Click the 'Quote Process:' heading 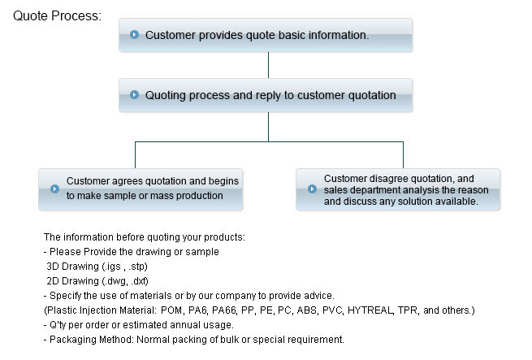(x=57, y=15)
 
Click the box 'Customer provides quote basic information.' (x=266, y=36)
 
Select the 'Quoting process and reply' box (x=266, y=95)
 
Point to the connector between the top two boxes (x=268, y=66)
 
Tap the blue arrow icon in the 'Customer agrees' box (x=54, y=189)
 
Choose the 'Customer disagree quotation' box (x=398, y=189)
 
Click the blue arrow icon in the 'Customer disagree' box (x=312, y=189)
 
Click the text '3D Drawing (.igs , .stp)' (x=97, y=266)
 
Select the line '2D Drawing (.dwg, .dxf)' (x=97, y=280)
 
